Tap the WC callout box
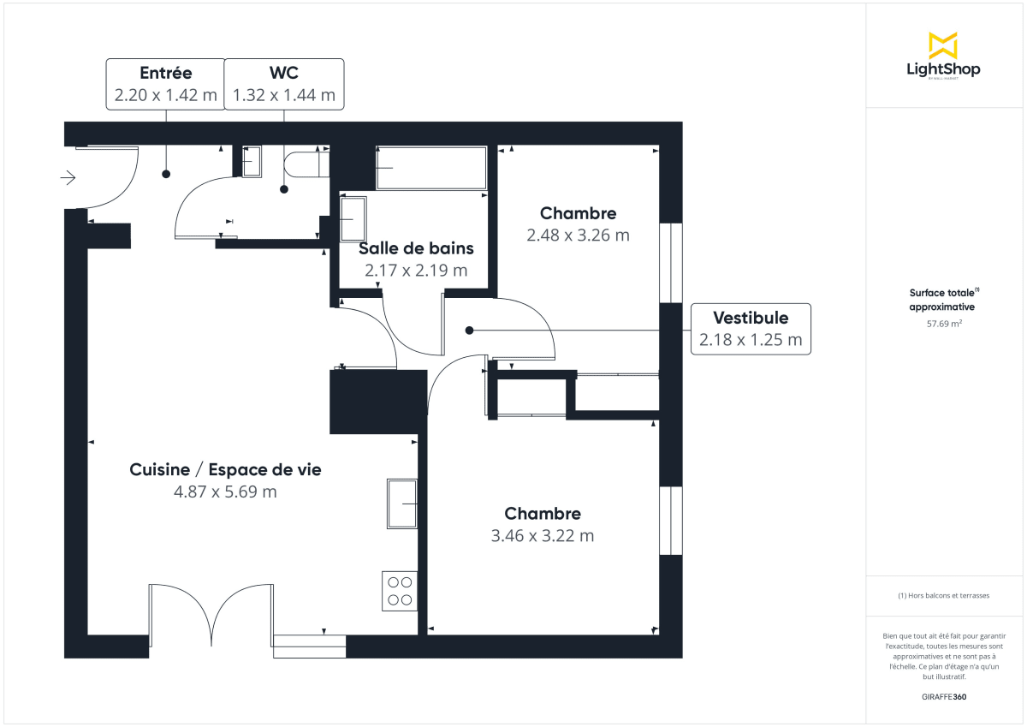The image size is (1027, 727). [x=284, y=84]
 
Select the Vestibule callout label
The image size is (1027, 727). [x=751, y=329]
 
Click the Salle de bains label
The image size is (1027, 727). [x=416, y=248]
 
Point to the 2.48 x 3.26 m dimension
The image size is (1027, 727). [x=578, y=235]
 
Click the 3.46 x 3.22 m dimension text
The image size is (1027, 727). [x=542, y=536]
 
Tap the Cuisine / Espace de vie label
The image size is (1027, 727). [x=225, y=469]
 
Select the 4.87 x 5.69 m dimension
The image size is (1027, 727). [x=225, y=492]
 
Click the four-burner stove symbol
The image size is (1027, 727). [x=400, y=591]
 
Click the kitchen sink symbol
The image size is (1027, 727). [x=401, y=504]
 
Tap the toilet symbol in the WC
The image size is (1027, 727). [x=305, y=164]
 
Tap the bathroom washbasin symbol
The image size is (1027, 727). [x=352, y=219]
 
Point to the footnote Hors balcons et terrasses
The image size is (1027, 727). [x=942, y=595]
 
